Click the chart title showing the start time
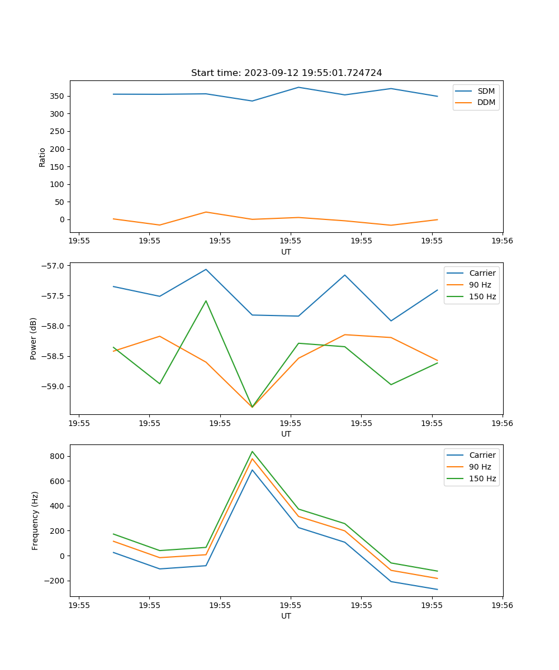point(286,73)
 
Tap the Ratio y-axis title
point(42,157)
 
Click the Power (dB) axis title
point(34,338)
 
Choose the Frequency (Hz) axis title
point(35,520)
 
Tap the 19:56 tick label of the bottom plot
point(502,605)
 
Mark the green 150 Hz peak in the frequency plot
point(252,451)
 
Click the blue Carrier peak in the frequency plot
point(252,470)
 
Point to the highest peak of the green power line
point(206,301)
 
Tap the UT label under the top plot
point(286,252)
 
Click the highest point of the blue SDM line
point(299,87)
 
